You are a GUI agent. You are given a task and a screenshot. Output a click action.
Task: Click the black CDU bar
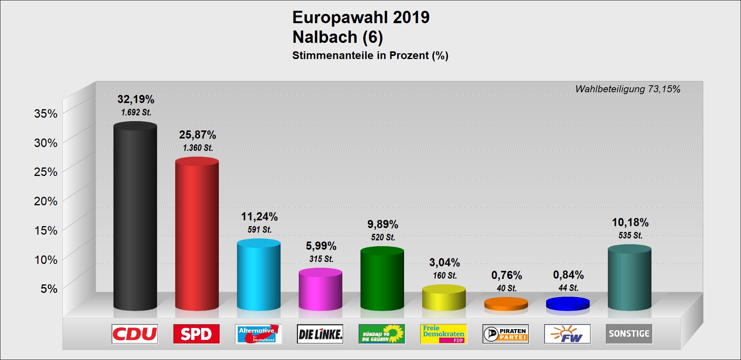[135, 216]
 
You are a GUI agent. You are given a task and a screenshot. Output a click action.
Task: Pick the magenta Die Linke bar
[320, 289]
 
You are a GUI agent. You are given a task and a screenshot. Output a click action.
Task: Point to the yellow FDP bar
[444, 298]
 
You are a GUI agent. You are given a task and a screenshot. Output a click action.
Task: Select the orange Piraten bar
[506, 304]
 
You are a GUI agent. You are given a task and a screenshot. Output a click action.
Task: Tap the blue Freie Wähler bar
[568, 303]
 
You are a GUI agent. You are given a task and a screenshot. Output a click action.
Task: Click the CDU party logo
[135, 334]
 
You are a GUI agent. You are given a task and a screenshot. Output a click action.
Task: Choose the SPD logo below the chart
[196, 334]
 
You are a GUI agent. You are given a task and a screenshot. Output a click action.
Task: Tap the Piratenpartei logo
[506, 334]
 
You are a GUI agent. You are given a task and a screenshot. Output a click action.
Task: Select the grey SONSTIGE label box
[629, 334]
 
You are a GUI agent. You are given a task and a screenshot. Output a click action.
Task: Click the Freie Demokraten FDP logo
[443, 334]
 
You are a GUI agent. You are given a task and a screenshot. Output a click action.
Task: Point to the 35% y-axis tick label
[46, 113]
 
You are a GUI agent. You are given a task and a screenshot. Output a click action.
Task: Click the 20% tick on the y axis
[46, 201]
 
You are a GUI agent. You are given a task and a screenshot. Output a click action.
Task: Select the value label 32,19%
[136, 100]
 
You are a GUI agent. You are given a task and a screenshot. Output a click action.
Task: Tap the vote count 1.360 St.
[198, 148]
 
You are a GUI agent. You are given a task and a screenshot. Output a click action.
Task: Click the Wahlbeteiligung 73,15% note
[628, 89]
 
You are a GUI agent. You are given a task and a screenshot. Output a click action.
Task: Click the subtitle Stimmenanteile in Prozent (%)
[370, 56]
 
